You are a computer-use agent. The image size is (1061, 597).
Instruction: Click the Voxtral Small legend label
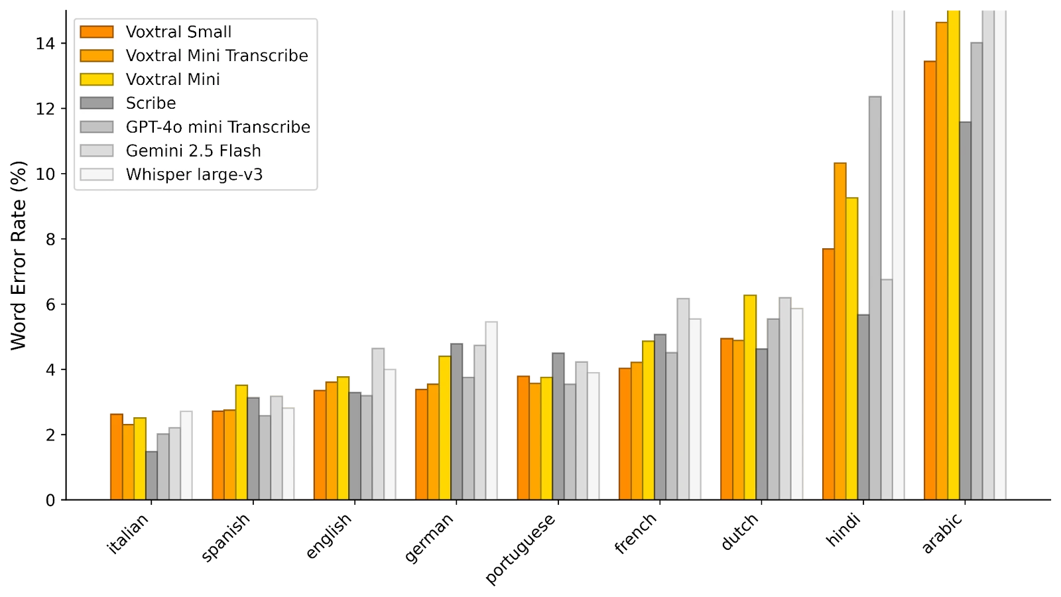click(178, 32)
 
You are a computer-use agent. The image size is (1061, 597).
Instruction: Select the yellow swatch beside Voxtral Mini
click(97, 80)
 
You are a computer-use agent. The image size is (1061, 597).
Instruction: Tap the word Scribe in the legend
click(151, 103)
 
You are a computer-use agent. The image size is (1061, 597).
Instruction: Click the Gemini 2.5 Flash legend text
click(193, 151)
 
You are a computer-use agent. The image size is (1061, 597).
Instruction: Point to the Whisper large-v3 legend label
click(194, 175)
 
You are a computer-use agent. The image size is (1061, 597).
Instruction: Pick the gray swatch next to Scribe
click(97, 103)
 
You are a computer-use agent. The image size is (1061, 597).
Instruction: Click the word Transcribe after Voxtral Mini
click(268, 56)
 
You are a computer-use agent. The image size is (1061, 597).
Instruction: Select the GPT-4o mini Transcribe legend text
click(218, 127)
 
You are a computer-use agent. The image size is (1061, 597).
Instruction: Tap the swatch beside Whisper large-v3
click(97, 175)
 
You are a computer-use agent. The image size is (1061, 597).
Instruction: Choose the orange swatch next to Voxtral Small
click(97, 32)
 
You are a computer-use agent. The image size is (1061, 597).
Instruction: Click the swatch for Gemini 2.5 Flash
click(97, 151)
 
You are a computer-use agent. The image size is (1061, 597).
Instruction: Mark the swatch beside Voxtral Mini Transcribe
click(97, 56)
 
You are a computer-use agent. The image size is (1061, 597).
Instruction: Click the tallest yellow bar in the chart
click(954, 252)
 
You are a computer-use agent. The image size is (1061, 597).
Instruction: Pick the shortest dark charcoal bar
click(152, 474)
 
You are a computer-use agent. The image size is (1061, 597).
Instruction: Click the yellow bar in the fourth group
click(444, 427)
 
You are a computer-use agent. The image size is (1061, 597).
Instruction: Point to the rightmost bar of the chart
click(1001, 252)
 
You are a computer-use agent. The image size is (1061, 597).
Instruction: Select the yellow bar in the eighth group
click(852, 348)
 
